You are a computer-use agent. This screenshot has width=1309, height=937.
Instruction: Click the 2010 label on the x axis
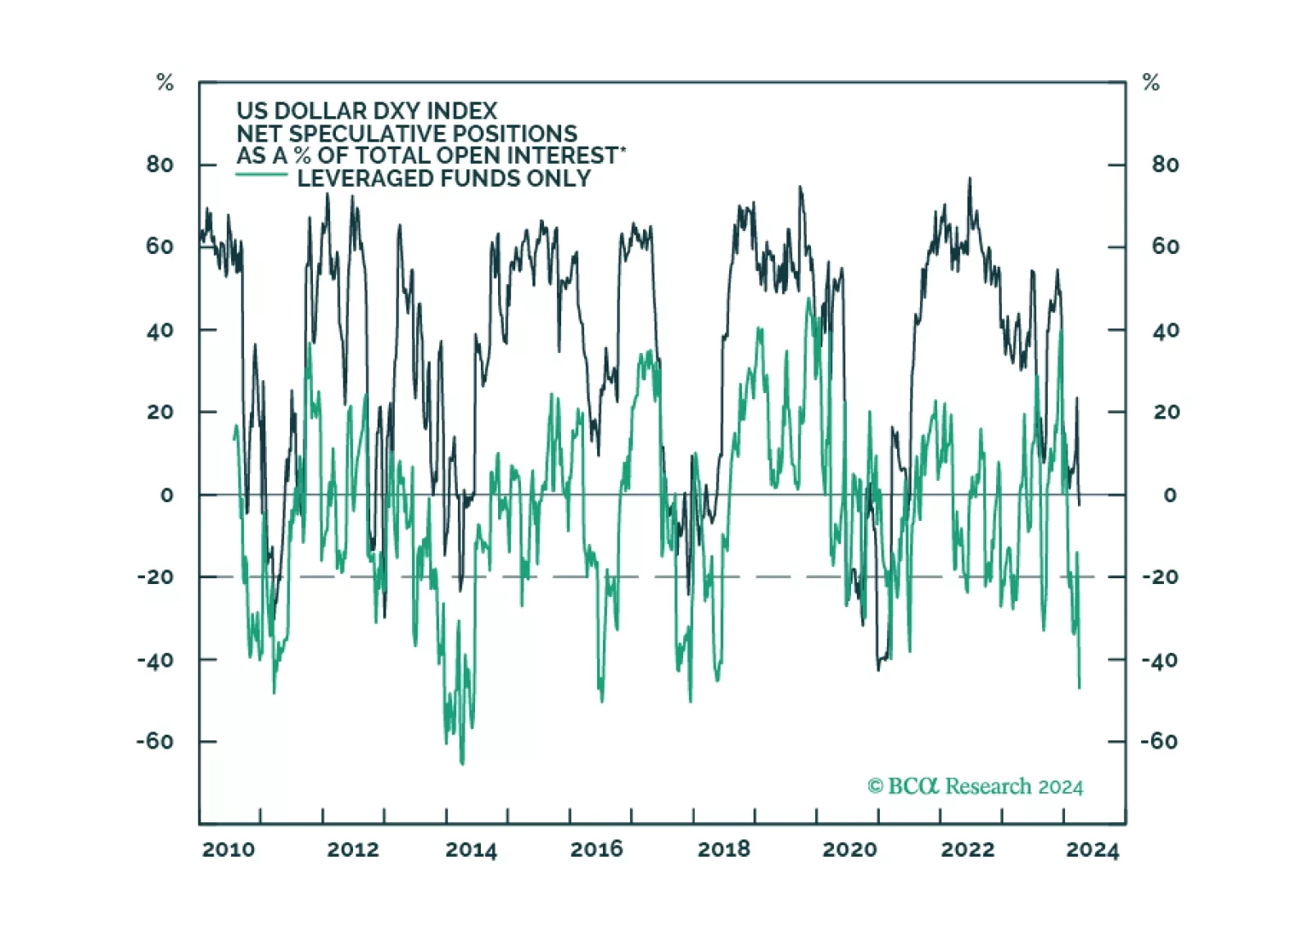click(x=229, y=849)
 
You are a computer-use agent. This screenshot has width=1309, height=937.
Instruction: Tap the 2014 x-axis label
click(x=471, y=849)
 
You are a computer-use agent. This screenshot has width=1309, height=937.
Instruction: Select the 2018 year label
click(x=723, y=849)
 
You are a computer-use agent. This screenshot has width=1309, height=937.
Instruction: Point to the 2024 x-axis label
click(x=1092, y=850)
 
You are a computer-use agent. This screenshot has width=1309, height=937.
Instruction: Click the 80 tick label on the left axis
click(x=160, y=165)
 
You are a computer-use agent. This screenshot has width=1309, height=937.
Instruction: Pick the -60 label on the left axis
click(x=155, y=741)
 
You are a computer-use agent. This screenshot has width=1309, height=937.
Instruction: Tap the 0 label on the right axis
click(x=1170, y=495)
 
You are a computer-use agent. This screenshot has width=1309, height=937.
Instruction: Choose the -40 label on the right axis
click(x=1160, y=659)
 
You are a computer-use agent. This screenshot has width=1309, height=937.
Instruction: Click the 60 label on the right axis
click(x=1165, y=247)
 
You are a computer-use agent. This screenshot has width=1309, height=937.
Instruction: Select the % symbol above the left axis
click(x=165, y=82)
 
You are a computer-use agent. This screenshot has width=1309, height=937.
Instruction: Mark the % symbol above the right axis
click(x=1151, y=82)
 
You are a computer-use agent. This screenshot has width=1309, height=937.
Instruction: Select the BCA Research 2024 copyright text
click(x=975, y=786)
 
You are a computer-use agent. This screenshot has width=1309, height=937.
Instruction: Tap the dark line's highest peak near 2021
click(x=970, y=179)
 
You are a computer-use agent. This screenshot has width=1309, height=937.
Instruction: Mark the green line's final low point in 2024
click(x=1079, y=687)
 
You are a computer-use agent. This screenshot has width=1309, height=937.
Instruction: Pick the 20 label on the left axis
click(x=160, y=412)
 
